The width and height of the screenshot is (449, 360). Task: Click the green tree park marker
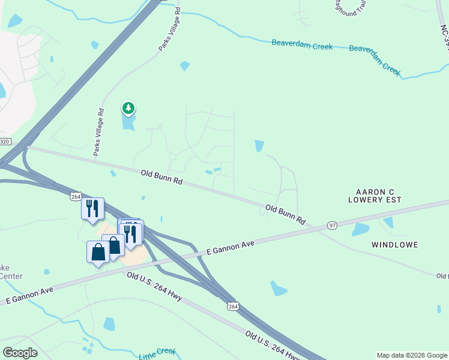coord(128,109)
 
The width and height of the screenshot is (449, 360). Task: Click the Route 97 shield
coord(333,226)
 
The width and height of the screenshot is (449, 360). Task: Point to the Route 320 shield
coord(5,142)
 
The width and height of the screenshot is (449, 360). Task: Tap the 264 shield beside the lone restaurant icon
coord(75,196)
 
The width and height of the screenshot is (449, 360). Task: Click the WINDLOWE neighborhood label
coord(394,245)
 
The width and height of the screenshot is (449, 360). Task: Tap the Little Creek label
coord(158,354)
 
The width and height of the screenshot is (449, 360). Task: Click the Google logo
coord(20,353)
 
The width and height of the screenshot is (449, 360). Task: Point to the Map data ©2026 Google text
coord(411,355)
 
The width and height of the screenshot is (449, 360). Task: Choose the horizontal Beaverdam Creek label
coord(302,44)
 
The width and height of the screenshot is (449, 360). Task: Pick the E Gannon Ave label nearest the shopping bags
coord(230,247)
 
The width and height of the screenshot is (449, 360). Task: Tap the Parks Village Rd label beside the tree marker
coord(98,132)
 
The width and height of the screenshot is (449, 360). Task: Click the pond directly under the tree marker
coord(128,122)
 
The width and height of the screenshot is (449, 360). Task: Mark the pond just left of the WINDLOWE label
coord(360,229)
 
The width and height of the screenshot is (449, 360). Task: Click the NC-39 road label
coord(444,36)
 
